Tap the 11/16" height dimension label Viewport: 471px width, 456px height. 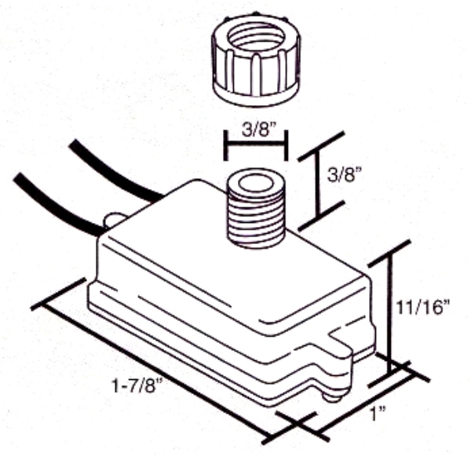pos(423,307)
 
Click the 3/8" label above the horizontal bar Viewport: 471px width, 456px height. pos(259,130)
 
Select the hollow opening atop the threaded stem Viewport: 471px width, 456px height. pos(256,184)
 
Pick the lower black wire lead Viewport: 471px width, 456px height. pos(57,204)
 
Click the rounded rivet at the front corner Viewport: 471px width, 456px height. pos(333,396)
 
